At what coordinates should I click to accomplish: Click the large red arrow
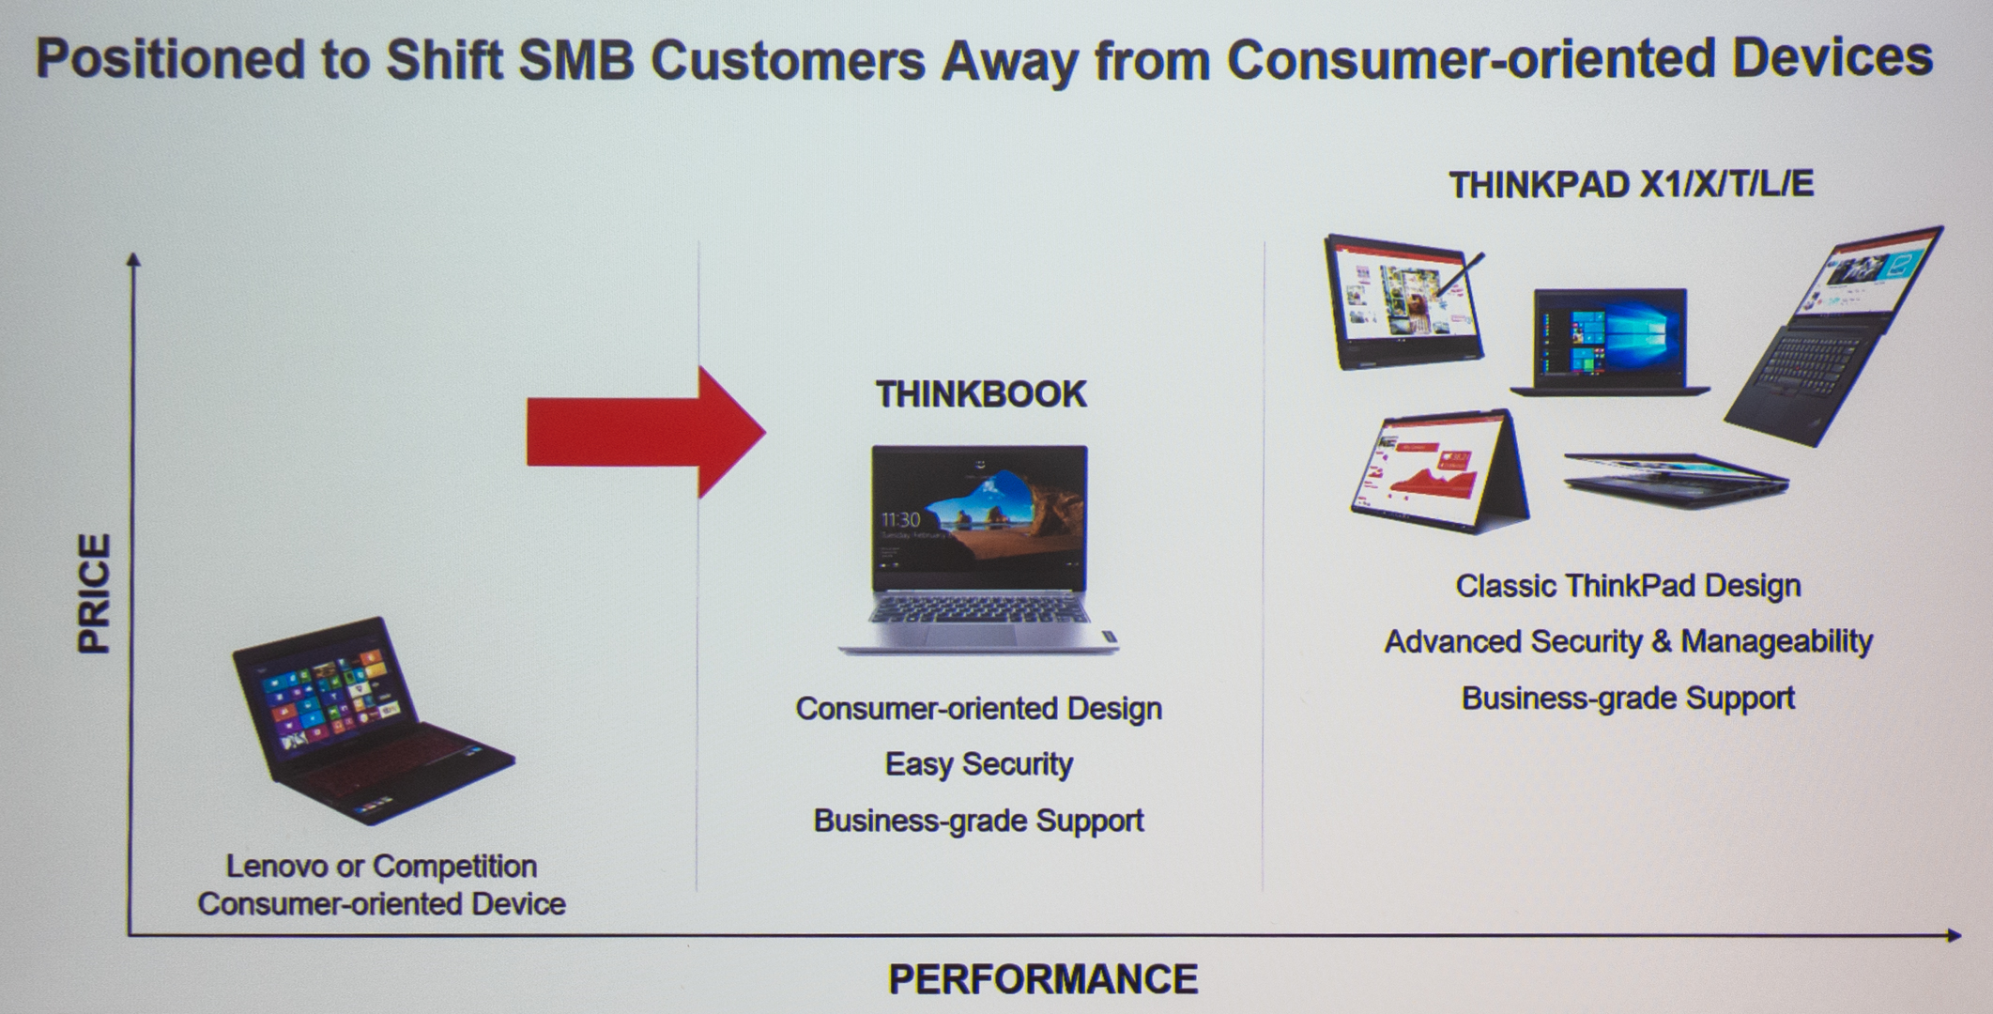pyautogui.click(x=646, y=432)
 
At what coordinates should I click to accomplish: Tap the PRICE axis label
pyautogui.click(x=95, y=593)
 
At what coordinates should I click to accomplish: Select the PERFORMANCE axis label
pyautogui.click(x=1043, y=979)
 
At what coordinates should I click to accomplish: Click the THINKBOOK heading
pyautogui.click(x=981, y=394)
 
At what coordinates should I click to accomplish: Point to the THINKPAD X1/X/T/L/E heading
pyautogui.click(x=1632, y=185)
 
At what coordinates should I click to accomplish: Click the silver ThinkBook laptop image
pyautogui.click(x=979, y=549)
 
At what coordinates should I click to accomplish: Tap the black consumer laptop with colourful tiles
pyautogui.click(x=372, y=721)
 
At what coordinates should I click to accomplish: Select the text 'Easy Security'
pyautogui.click(x=979, y=764)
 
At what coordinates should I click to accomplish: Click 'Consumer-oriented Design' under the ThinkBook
pyautogui.click(x=979, y=708)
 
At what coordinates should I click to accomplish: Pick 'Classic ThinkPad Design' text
pyautogui.click(x=1628, y=586)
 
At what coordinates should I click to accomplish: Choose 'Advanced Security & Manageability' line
pyautogui.click(x=1628, y=641)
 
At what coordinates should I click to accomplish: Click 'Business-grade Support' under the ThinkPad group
pyautogui.click(x=1628, y=698)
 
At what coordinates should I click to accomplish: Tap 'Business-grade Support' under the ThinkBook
pyautogui.click(x=979, y=821)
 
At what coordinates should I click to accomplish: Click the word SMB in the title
pyautogui.click(x=575, y=60)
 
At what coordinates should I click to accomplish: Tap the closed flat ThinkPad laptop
pyautogui.click(x=1677, y=480)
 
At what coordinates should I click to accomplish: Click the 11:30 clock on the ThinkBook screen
pyautogui.click(x=900, y=519)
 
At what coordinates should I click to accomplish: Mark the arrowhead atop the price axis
pyautogui.click(x=133, y=258)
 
